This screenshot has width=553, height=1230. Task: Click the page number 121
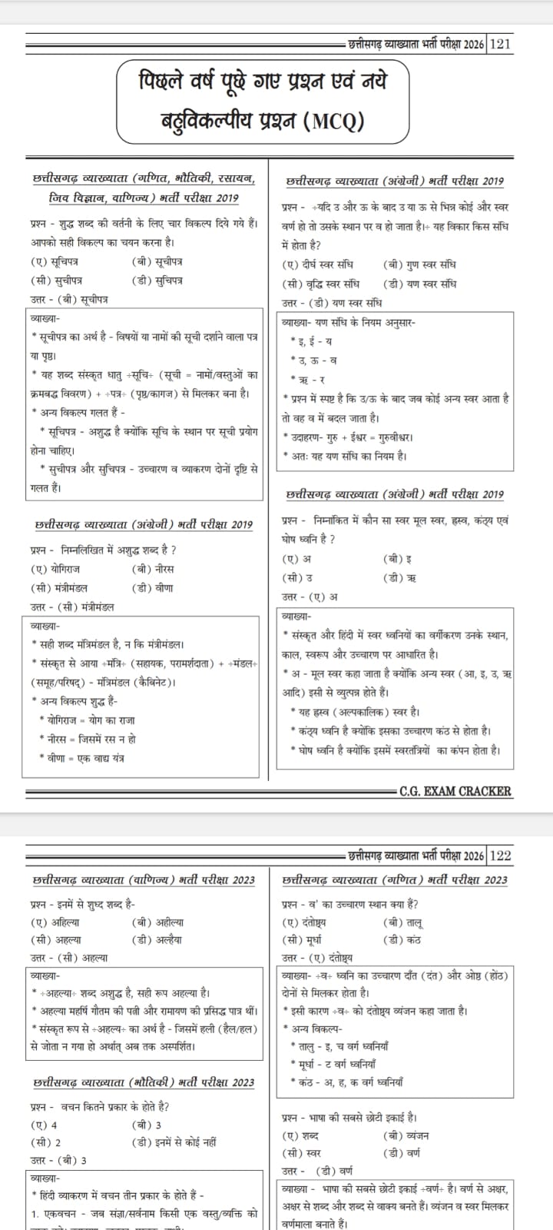499,44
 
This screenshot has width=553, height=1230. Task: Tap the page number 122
499,856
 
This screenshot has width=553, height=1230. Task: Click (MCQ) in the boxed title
334,121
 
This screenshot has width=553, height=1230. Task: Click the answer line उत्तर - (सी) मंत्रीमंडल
72,607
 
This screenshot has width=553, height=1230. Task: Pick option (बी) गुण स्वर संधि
419,264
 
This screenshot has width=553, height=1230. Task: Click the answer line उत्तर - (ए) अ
310,597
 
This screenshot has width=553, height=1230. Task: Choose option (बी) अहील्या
157,922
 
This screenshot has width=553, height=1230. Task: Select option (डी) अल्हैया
159,939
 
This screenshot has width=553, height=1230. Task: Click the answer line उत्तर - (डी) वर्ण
317,1171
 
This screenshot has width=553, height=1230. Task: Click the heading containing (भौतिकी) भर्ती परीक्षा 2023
144,1082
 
